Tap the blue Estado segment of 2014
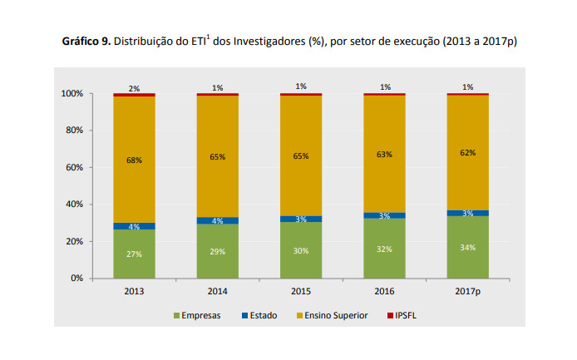(x=217, y=220)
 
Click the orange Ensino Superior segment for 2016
(x=384, y=166)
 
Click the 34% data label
(x=467, y=247)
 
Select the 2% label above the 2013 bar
(x=134, y=88)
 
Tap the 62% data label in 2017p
(x=467, y=153)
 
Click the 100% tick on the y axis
(x=72, y=94)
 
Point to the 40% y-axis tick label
(x=73, y=205)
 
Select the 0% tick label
(x=76, y=279)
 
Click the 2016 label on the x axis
(x=384, y=292)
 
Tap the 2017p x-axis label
(x=467, y=292)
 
